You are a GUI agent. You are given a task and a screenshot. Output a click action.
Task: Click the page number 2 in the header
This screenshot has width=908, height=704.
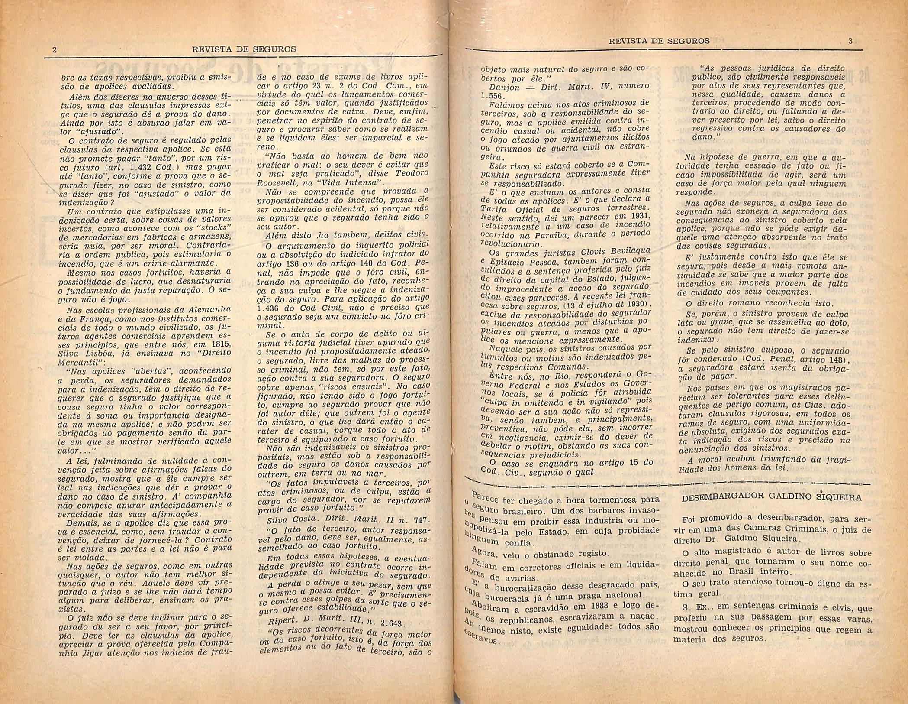tap(54, 49)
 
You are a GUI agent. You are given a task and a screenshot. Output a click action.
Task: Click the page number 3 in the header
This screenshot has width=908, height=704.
tap(850, 41)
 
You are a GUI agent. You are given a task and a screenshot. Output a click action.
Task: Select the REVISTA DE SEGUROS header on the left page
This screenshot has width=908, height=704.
tap(245, 49)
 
